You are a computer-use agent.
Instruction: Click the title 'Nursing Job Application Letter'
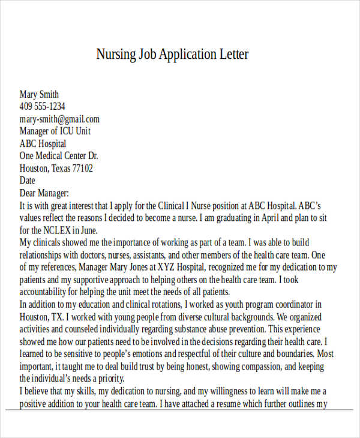tap(172, 55)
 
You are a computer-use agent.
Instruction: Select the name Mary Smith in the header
tap(39, 95)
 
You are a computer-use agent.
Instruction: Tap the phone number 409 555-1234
tap(42, 107)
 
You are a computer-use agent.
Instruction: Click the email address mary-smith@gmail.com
tap(59, 119)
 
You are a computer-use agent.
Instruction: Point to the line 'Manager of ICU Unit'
tap(55, 131)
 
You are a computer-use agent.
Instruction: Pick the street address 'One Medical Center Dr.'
tap(59, 156)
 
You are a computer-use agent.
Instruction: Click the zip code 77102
tap(82, 169)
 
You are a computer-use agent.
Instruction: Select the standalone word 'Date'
tap(28, 181)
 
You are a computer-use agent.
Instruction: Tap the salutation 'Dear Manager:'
tap(44, 193)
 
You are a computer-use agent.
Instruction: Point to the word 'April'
tap(269, 218)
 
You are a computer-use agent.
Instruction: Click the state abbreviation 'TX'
tap(59, 317)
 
